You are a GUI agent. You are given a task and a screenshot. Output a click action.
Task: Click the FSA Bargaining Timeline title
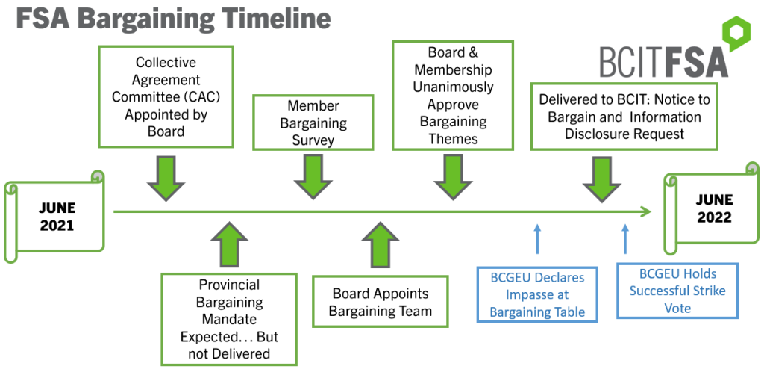[x=173, y=19]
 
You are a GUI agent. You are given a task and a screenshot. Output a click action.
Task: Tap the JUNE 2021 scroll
[x=56, y=216]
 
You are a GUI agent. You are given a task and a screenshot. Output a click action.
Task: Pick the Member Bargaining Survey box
[x=313, y=123]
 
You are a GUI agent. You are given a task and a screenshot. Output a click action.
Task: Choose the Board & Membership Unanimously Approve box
[x=453, y=96]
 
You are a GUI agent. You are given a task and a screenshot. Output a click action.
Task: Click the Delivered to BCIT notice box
[x=623, y=117]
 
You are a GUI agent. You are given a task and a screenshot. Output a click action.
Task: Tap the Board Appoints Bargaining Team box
[x=381, y=303]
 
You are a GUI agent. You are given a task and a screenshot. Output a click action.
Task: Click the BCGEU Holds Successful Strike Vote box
[x=677, y=290]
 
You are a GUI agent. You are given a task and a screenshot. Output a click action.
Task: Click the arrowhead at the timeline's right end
[x=645, y=212]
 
